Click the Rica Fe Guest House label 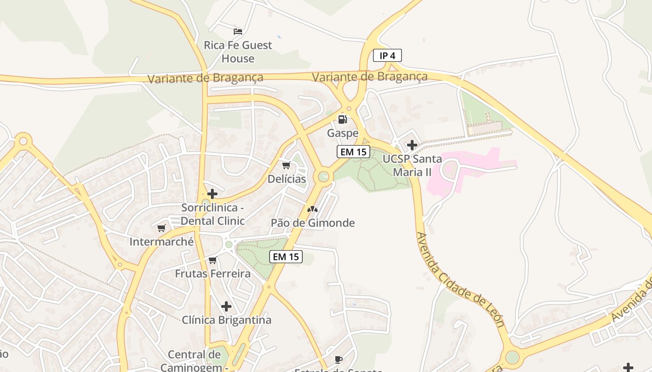pyautogui.click(x=238, y=52)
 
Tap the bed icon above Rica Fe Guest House pyautogui.click(x=238, y=32)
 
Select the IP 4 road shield pyautogui.click(x=387, y=56)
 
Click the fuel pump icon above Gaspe pyautogui.click(x=343, y=120)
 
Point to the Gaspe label pyautogui.click(x=343, y=133)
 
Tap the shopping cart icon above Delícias pyautogui.click(x=286, y=166)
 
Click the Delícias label pyautogui.click(x=287, y=179)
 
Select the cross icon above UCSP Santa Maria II pyautogui.click(x=412, y=145)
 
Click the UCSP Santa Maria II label pyautogui.click(x=412, y=166)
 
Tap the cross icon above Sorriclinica pyautogui.click(x=212, y=194)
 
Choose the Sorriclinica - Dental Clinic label pyautogui.click(x=212, y=214)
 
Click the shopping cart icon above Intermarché pyautogui.click(x=162, y=228)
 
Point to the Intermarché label pyautogui.click(x=162, y=242)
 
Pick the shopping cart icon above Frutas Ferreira pyautogui.click(x=213, y=260)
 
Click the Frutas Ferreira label pyautogui.click(x=213, y=273)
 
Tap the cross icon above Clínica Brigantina pyautogui.click(x=226, y=306)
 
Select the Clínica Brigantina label pyautogui.click(x=226, y=320)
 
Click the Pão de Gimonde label pyautogui.click(x=313, y=223)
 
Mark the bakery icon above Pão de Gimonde pyautogui.click(x=312, y=209)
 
